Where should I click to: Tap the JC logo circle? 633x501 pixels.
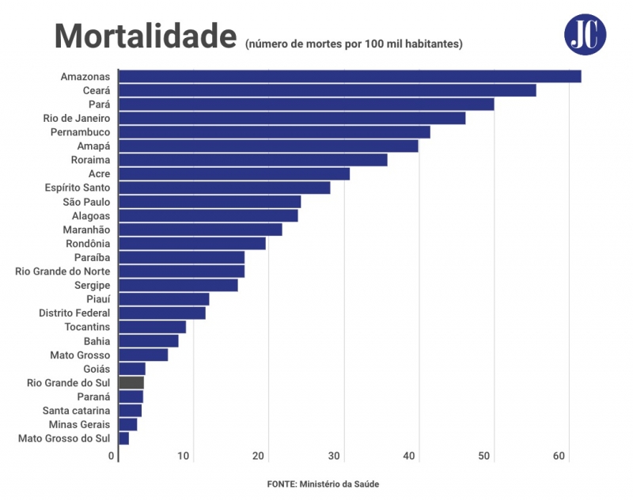tap(586, 35)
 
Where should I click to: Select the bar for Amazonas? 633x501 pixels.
tap(350, 77)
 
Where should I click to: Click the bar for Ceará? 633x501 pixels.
tap(327, 91)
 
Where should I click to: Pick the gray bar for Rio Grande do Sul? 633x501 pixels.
tap(131, 382)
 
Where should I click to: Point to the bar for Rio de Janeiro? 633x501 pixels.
tap(292, 119)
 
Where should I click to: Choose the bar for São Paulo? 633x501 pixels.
tap(210, 202)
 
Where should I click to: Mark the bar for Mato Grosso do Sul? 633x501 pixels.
tap(124, 438)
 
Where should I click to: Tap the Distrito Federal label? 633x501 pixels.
tap(74, 313)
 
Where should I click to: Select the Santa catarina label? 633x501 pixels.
tap(76, 410)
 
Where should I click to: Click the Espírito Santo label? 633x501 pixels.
tap(77, 188)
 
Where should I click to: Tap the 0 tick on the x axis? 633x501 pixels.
tap(112, 456)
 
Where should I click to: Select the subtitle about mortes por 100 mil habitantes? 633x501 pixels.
tap(354, 43)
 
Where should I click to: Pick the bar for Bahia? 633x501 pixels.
tap(149, 341)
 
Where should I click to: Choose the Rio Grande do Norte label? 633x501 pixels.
tap(63, 271)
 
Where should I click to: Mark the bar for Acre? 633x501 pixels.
tap(234, 174)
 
